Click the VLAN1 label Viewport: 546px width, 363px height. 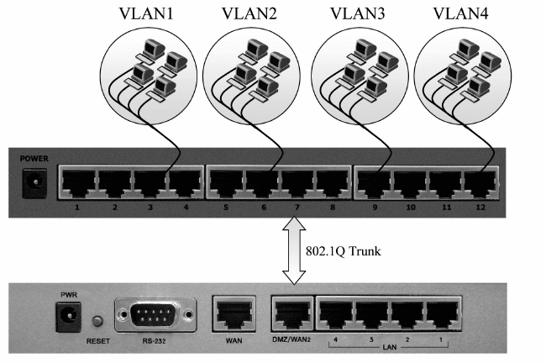(141, 14)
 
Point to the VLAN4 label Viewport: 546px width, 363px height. (459, 14)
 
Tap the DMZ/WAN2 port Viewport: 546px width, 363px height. (291, 314)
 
